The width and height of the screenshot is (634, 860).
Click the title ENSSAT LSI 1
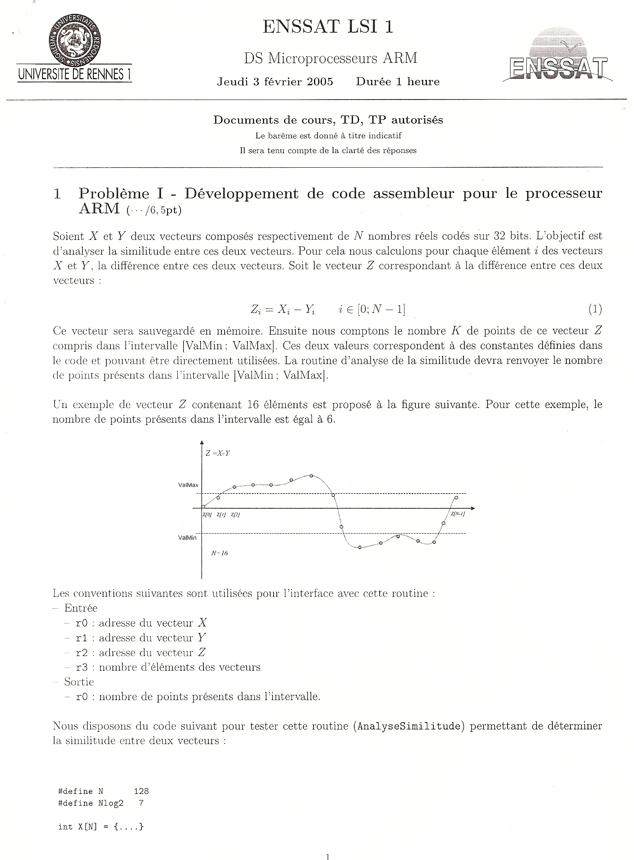[x=328, y=27]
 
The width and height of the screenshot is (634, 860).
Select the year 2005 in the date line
[x=320, y=82]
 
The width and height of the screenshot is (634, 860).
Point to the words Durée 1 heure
[x=398, y=82]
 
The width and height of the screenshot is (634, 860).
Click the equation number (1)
[x=595, y=309]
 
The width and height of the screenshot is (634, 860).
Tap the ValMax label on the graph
[x=188, y=485]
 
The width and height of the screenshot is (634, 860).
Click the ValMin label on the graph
[x=187, y=538]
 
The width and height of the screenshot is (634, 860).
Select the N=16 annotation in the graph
[x=219, y=553]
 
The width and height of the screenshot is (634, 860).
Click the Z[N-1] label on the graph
[x=458, y=514]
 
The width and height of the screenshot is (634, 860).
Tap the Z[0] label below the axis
[x=207, y=515]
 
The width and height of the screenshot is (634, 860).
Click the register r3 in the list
[x=82, y=667]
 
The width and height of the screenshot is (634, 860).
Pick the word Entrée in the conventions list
[x=81, y=608]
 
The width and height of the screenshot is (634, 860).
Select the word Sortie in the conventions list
[x=79, y=682]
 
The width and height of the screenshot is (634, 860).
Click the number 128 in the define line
[x=141, y=791]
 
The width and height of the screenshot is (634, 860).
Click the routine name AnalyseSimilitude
[x=409, y=727]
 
